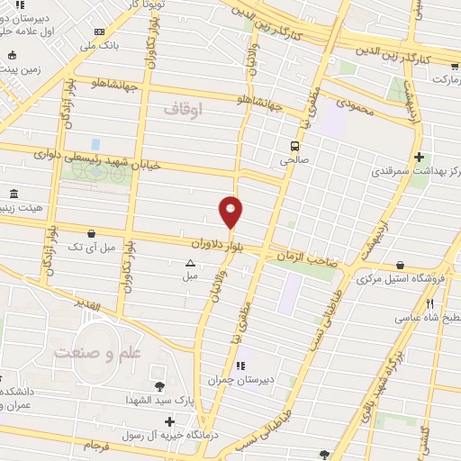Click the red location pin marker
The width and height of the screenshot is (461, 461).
click(230, 212)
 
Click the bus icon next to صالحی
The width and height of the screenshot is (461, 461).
click(294, 146)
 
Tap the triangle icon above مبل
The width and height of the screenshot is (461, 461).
click(190, 264)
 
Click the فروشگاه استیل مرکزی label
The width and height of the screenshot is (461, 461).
click(401, 280)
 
